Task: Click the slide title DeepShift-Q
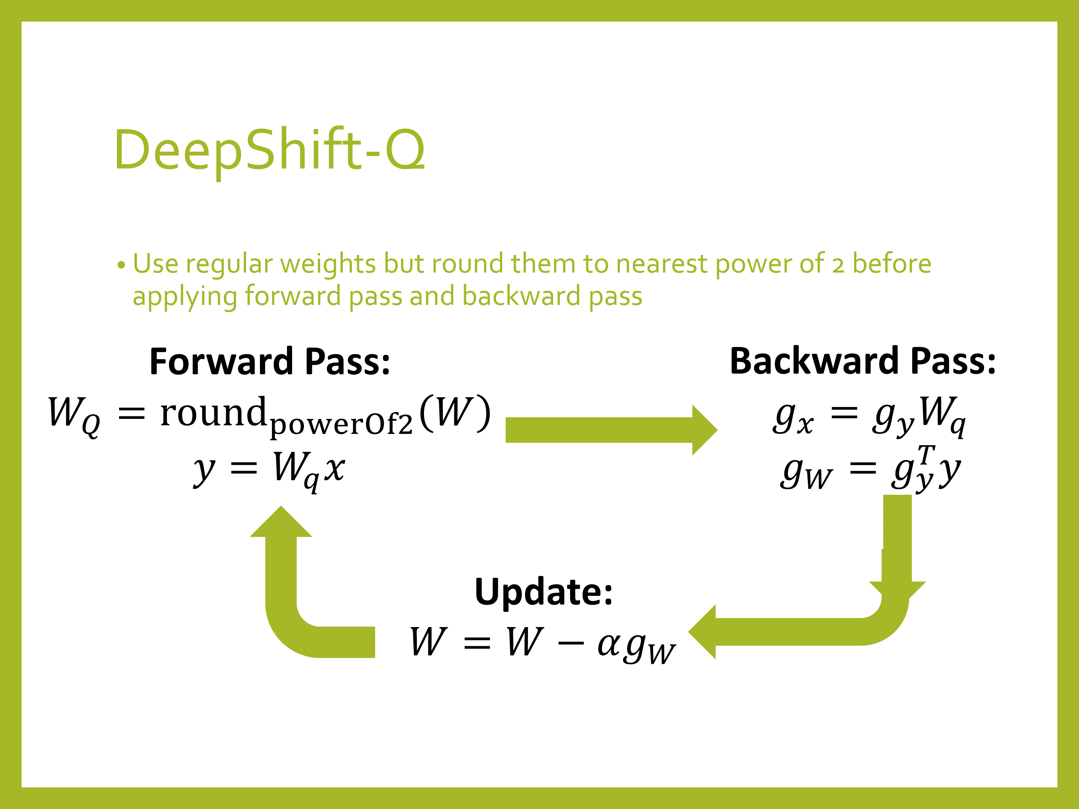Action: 269,150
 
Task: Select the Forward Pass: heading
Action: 270,362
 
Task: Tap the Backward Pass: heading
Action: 862,362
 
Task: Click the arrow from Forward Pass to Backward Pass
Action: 610,430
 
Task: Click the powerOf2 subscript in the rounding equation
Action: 341,424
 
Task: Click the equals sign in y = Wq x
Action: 243,469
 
